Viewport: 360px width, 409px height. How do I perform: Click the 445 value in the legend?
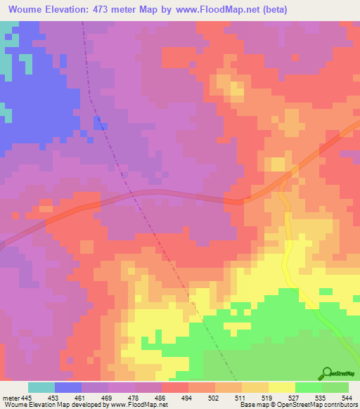[26, 398]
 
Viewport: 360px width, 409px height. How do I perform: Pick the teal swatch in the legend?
[41, 387]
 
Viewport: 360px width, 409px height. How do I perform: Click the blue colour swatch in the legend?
[68, 387]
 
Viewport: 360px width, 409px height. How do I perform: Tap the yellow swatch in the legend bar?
[282, 387]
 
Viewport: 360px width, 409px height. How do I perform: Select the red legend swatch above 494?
[175, 387]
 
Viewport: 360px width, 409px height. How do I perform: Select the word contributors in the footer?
[340, 405]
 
